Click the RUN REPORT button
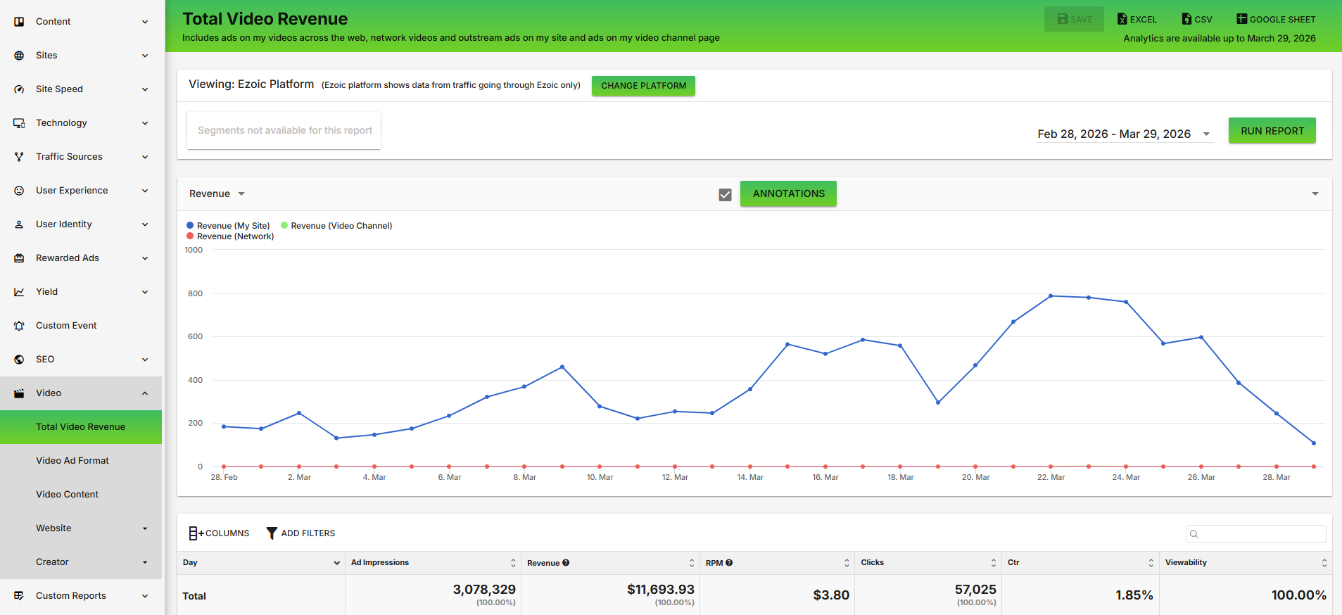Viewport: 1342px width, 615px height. [x=1272, y=131]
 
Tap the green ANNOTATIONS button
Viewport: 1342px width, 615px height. [x=788, y=194]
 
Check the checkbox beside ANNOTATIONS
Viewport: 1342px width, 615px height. [x=725, y=194]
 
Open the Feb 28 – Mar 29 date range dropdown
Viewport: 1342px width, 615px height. [x=1125, y=134]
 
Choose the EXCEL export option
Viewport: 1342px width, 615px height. [x=1137, y=19]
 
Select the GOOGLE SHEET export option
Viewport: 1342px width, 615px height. [x=1276, y=19]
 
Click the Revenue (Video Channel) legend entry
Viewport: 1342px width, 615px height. [x=336, y=226]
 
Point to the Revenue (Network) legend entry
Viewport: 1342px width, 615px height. [x=230, y=236]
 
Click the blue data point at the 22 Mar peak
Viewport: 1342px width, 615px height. [x=1051, y=296]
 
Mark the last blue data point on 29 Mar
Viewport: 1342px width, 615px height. [x=1314, y=443]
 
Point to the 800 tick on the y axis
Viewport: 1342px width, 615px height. [x=195, y=293]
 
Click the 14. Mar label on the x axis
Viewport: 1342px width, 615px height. [x=750, y=477]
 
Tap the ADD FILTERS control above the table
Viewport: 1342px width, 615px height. [x=300, y=533]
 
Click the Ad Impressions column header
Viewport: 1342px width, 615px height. [x=380, y=562]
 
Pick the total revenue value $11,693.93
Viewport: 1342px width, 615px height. [x=661, y=590]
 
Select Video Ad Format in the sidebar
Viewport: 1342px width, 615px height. [x=72, y=461]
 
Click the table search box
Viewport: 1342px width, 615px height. [x=1255, y=534]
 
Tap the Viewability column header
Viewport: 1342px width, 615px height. [x=1186, y=562]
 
